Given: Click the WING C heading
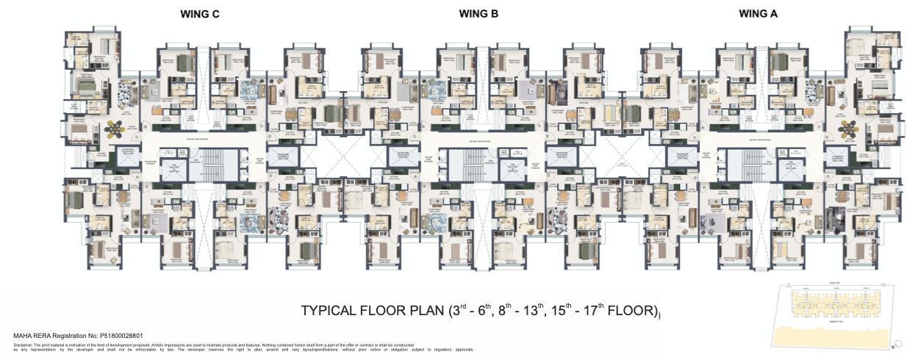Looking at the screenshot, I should tap(200, 14).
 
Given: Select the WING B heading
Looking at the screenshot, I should tap(479, 13).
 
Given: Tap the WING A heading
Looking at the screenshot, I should tap(758, 13).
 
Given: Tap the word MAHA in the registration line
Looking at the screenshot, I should tap(23, 336).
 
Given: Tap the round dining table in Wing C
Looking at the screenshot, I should tap(116, 129).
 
